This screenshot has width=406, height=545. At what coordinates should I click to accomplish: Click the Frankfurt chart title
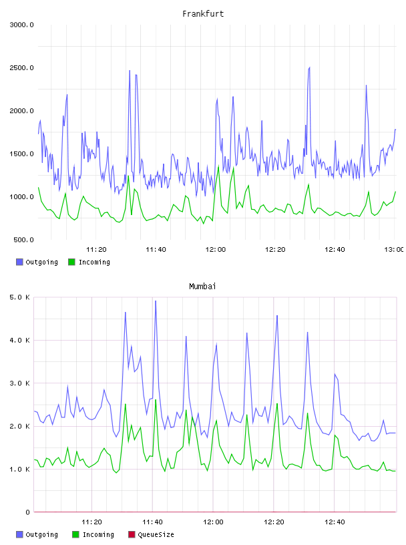click(x=203, y=14)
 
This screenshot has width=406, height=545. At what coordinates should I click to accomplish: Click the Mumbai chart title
click(x=202, y=287)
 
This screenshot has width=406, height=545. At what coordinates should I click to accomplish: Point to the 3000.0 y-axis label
click(x=21, y=25)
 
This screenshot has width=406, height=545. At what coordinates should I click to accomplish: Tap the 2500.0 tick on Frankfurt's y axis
click(x=21, y=67)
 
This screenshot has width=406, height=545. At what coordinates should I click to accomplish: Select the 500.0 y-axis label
click(x=23, y=240)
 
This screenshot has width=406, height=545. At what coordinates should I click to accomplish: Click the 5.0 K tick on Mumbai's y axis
click(x=19, y=297)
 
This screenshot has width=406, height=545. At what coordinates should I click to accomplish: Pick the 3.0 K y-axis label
click(x=19, y=383)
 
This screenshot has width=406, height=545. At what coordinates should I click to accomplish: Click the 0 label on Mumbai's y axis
click(x=27, y=512)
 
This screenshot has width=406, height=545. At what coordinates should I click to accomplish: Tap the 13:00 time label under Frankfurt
click(x=394, y=250)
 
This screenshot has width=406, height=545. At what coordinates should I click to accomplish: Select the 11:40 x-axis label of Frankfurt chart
click(x=156, y=250)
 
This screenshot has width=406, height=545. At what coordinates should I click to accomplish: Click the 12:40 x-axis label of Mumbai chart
click(x=335, y=522)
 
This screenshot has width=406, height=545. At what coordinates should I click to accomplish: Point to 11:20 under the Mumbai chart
click(x=91, y=522)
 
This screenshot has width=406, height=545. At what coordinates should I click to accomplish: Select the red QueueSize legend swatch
click(x=132, y=534)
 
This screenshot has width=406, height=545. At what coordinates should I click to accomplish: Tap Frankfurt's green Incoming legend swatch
click(x=71, y=262)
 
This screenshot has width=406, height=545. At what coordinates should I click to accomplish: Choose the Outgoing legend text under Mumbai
click(x=41, y=534)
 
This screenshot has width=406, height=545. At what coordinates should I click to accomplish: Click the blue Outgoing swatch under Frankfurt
click(x=19, y=262)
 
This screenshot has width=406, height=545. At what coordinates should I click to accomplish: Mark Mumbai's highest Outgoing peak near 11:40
click(x=156, y=301)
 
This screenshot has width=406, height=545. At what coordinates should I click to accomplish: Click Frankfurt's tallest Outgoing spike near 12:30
click(x=309, y=67)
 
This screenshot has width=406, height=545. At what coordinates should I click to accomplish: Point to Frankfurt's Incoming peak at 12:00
click(x=218, y=166)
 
